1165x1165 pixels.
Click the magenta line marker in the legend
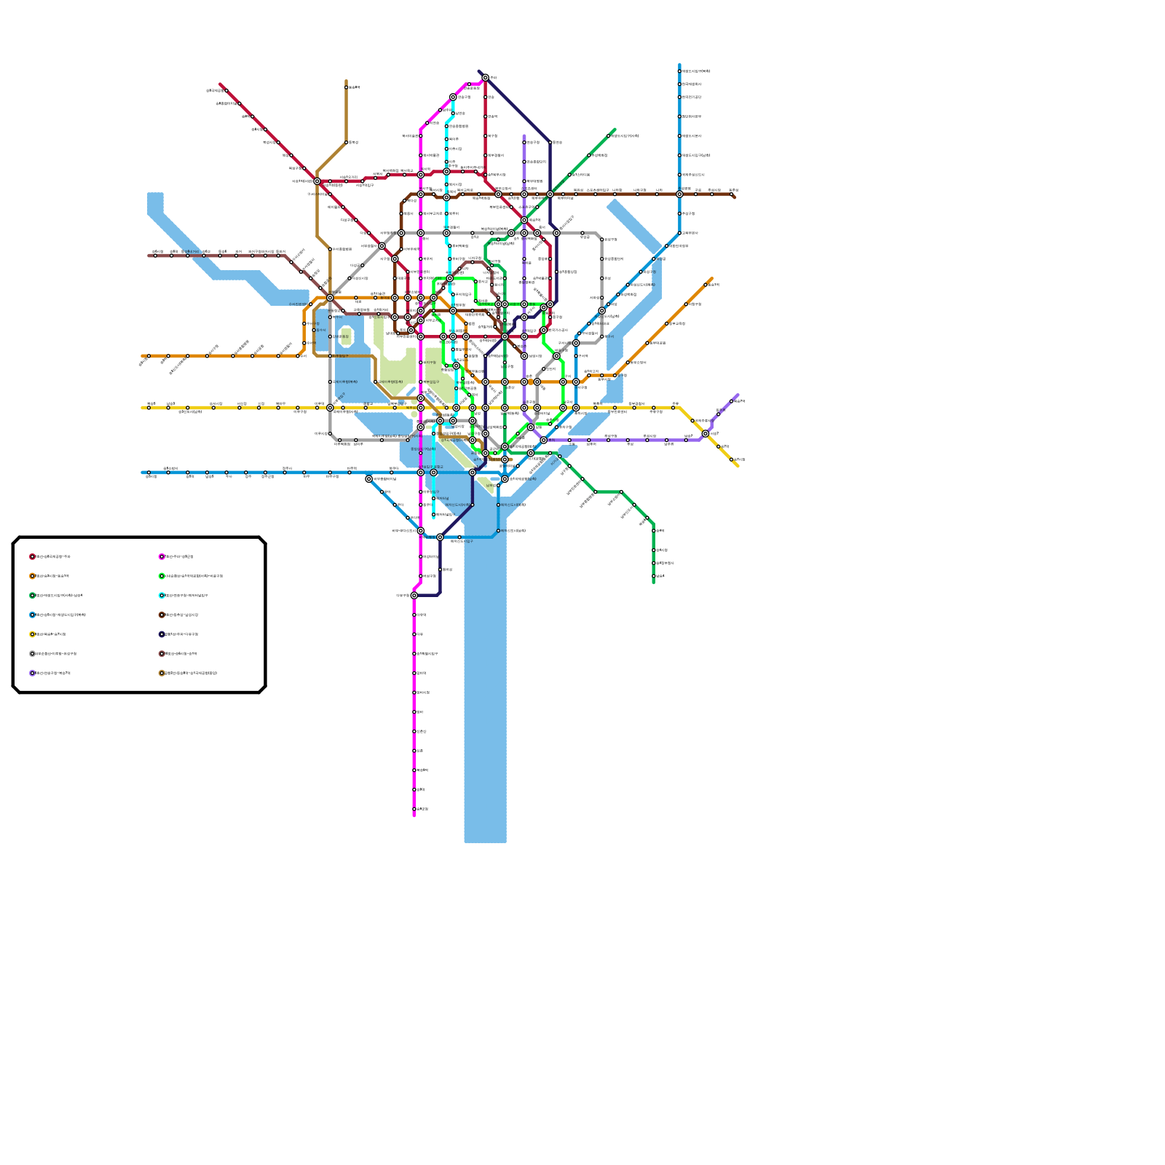click(x=162, y=557)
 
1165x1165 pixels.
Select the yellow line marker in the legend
click(x=32, y=634)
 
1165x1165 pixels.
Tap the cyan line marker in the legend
click(x=162, y=596)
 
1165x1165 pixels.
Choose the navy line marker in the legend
click(x=162, y=634)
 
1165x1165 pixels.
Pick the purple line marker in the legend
click(x=32, y=674)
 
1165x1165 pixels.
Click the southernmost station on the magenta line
click(x=414, y=809)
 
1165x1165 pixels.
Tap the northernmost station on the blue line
click(x=679, y=71)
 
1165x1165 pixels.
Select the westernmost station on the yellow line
click(x=149, y=408)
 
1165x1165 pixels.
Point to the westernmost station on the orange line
click(x=149, y=356)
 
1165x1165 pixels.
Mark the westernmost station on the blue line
click(x=149, y=473)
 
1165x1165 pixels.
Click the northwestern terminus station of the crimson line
click(x=226, y=90)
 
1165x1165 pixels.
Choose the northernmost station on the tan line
click(x=346, y=87)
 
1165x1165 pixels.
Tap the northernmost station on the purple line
click(x=524, y=143)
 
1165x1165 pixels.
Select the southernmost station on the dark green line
click(x=654, y=576)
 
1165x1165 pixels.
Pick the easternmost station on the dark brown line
click(x=731, y=194)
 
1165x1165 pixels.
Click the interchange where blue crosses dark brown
click(x=679, y=194)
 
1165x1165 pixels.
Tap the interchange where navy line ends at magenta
click(x=414, y=596)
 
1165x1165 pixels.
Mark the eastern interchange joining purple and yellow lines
click(x=706, y=434)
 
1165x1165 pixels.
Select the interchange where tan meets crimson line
click(x=317, y=181)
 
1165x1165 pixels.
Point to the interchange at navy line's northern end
click(x=486, y=78)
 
